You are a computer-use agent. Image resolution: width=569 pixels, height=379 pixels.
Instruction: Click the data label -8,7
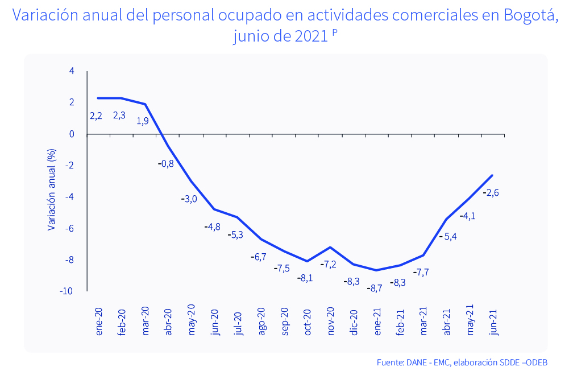[375, 289]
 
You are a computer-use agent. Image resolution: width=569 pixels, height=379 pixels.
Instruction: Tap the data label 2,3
[119, 116]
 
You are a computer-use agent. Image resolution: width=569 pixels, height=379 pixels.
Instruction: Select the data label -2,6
[491, 193]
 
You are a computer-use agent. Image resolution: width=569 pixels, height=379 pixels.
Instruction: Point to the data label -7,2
[329, 265]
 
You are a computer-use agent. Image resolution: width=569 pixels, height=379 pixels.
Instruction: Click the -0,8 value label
[165, 164]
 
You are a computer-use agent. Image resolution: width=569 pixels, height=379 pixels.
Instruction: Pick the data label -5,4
[448, 236]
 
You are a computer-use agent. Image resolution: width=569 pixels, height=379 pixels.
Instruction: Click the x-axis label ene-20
[99, 322]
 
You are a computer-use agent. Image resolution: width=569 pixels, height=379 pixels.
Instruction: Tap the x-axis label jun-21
[493, 322]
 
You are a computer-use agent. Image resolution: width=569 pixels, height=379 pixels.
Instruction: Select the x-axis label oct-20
[308, 322]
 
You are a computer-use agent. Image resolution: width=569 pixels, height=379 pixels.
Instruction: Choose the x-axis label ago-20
[261, 322]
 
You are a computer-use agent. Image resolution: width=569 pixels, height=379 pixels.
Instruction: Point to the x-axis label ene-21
[377, 322]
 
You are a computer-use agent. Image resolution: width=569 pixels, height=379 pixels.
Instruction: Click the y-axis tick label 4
[72, 71]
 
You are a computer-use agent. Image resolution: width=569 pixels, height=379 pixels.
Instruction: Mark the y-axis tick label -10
[66, 291]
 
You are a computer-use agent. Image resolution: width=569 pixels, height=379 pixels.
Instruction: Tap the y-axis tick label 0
[72, 134]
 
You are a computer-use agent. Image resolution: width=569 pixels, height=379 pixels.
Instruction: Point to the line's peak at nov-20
[330, 248]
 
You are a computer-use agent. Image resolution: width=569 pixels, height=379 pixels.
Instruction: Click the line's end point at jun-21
[492, 175]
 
